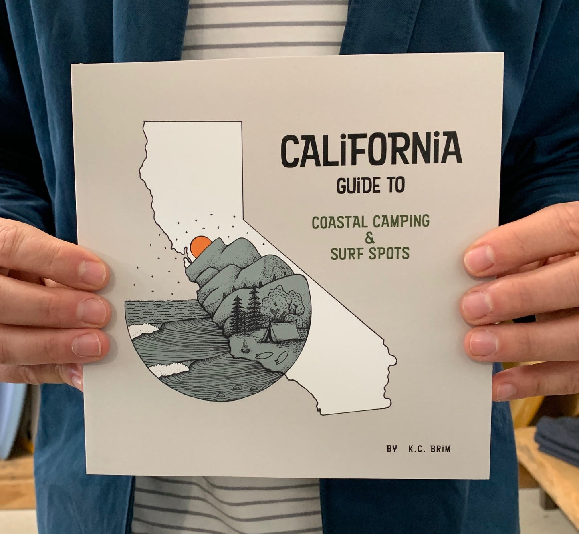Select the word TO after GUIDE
point(394,186)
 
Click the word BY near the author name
point(392,449)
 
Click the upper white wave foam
point(141,331)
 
